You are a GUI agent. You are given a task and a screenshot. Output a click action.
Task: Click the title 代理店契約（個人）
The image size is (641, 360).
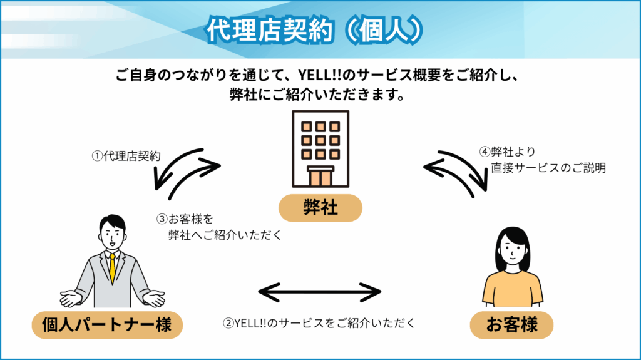320,29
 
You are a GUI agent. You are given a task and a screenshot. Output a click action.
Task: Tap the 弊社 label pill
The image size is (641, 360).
320,208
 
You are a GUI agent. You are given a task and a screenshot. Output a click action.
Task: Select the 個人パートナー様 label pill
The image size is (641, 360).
101,325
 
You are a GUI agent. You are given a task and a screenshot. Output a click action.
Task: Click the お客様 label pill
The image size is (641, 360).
512,325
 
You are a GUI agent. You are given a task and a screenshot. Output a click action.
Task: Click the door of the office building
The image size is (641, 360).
320,177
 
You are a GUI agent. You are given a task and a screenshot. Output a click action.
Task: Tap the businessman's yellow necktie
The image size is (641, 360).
112,268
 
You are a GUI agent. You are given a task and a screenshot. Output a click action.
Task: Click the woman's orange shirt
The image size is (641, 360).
513,289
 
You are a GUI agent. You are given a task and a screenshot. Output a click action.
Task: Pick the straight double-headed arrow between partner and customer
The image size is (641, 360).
320,292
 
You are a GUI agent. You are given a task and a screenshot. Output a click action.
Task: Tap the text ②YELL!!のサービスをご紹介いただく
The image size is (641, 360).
319,324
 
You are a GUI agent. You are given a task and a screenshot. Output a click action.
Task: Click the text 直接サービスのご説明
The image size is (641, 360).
548,168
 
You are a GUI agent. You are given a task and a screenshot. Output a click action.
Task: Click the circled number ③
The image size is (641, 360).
162,220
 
